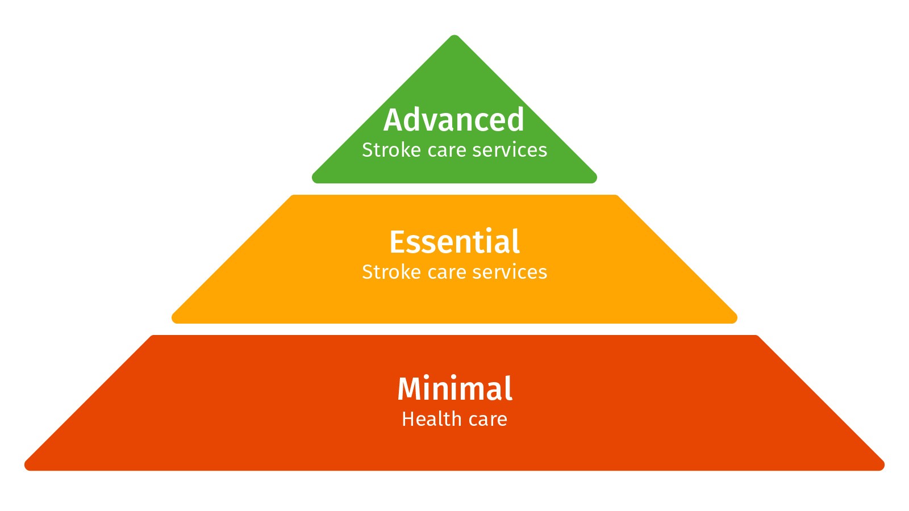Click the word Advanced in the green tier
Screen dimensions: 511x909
pos(453,120)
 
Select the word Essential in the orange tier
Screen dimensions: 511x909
pos(454,242)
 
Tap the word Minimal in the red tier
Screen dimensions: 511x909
pos(454,389)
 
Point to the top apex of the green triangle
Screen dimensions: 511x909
pos(454,36)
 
